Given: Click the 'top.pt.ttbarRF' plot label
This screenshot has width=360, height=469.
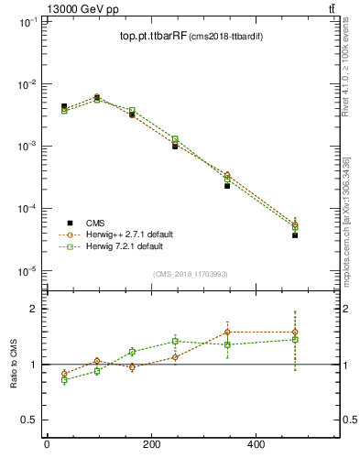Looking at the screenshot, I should tap(152, 37).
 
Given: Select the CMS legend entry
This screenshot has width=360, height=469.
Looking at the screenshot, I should tap(95, 223).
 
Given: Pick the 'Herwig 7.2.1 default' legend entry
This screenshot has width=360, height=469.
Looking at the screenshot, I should tap(124, 246).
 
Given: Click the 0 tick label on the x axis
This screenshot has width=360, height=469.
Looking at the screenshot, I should tap(47, 444).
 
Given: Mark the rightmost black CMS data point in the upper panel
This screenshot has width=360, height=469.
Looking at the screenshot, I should tap(295, 235).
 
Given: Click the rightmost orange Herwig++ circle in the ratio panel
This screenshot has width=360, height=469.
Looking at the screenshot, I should tap(295, 332).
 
